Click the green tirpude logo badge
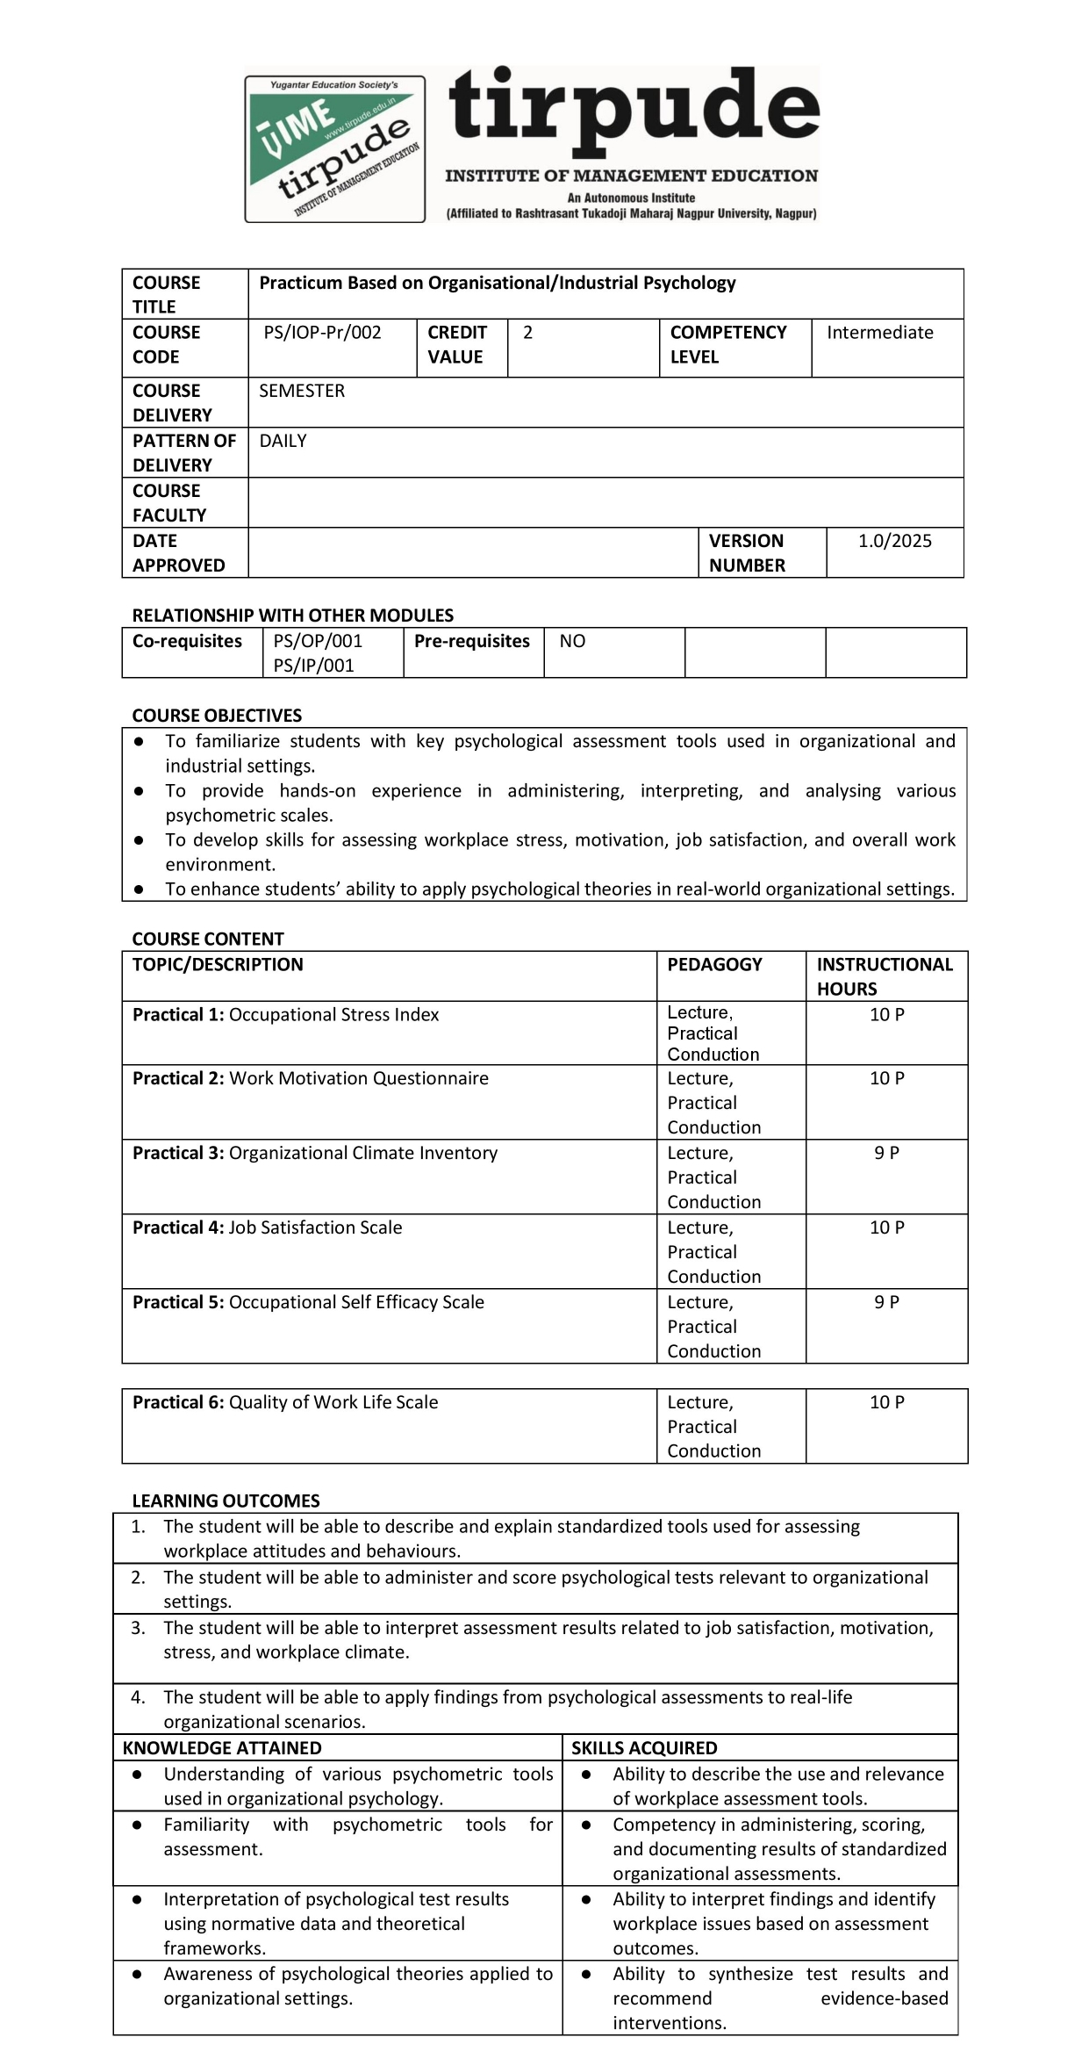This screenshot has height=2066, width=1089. point(334,148)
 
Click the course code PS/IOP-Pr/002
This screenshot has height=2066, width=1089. point(322,333)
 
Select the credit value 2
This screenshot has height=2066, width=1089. point(527,333)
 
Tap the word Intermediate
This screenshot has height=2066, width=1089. point(879,333)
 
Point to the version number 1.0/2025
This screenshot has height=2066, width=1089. point(894,541)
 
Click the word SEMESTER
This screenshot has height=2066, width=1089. point(302,391)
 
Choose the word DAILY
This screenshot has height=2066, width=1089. point(283,441)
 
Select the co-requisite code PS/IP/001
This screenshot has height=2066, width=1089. point(313,666)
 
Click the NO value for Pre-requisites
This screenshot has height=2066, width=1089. point(572,641)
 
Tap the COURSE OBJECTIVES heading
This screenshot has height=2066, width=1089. point(217,716)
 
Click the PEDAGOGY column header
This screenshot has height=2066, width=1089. point(714,964)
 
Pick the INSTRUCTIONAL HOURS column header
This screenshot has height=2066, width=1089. point(884,976)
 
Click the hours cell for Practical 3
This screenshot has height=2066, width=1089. point(886,1153)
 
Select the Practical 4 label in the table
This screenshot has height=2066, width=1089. point(178,1227)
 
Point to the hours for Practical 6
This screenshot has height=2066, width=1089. point(886,1402)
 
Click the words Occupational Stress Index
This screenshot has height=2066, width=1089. point(333,1015)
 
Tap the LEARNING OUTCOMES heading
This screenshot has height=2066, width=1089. point(226,1501)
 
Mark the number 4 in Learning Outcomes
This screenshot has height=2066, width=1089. point(137,1697)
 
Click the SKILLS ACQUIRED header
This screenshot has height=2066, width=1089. point(644,1748)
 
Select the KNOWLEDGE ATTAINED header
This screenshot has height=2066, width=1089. point(222,1748)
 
